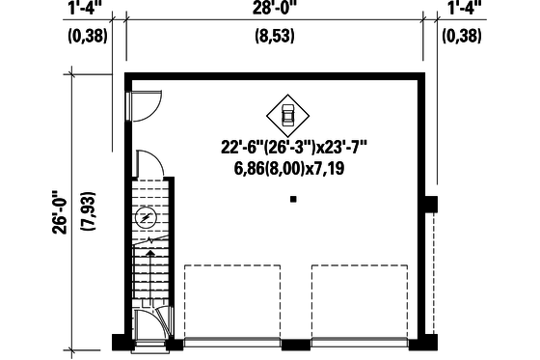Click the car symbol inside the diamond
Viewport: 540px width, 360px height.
pos(287,114)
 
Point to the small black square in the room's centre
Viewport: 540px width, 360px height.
pos(293,200)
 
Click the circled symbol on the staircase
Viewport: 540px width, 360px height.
pos(146,218)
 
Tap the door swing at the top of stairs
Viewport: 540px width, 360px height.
pos(148,165)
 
